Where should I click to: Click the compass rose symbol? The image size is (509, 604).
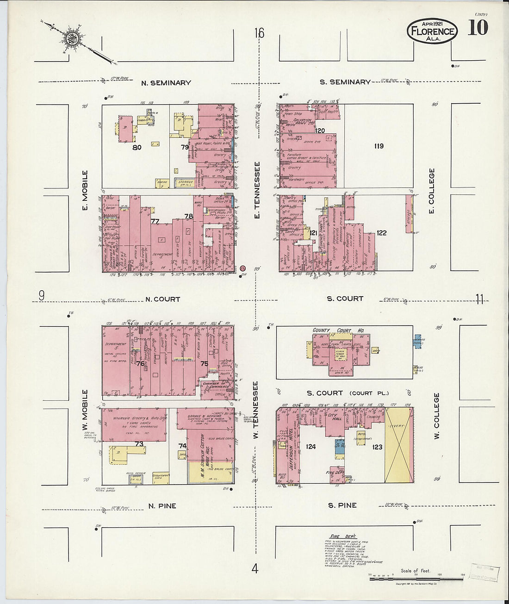click(72, 38)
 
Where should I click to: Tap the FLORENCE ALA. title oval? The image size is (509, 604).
click(432, 31)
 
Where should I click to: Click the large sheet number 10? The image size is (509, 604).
click(478, 28)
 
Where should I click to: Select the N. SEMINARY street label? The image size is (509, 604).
click(166, 83)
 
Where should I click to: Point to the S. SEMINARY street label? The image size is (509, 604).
click(345, 82)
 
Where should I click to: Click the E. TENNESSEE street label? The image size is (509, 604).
click(257, 190)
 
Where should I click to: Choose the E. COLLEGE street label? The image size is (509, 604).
click(432, 191)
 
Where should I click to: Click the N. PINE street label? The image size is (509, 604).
click(162, 506)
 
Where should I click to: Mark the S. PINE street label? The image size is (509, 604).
click(342, 505)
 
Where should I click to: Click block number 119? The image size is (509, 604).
click(379, 146)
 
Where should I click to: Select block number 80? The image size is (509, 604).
click(137, 148)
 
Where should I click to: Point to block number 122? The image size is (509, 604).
click(381, 233)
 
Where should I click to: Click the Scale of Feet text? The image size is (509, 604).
click(416, 571)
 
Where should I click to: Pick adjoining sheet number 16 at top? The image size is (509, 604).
click(259, 33)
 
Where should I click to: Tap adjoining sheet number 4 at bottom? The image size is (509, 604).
click(254, 569)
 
